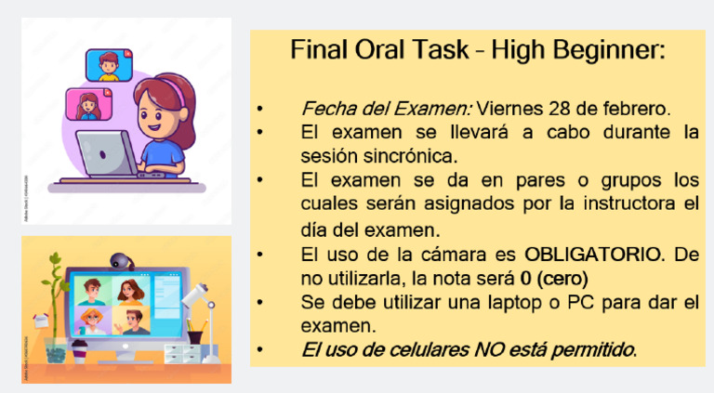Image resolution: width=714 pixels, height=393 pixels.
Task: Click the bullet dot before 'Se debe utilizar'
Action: coord(262,303)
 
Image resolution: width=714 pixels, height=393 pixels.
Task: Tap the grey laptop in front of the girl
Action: coord(104,154)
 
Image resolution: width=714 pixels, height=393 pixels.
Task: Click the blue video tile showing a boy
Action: coord(108,64)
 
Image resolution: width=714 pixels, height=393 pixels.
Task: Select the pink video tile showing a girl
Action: coord(87,104)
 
